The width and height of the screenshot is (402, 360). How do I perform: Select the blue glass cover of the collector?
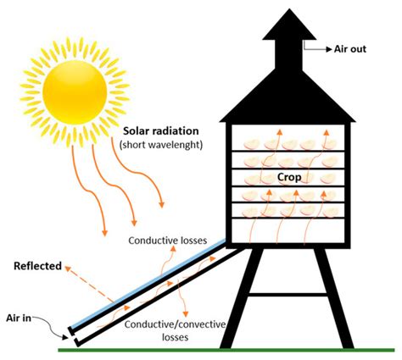(144, 284)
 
